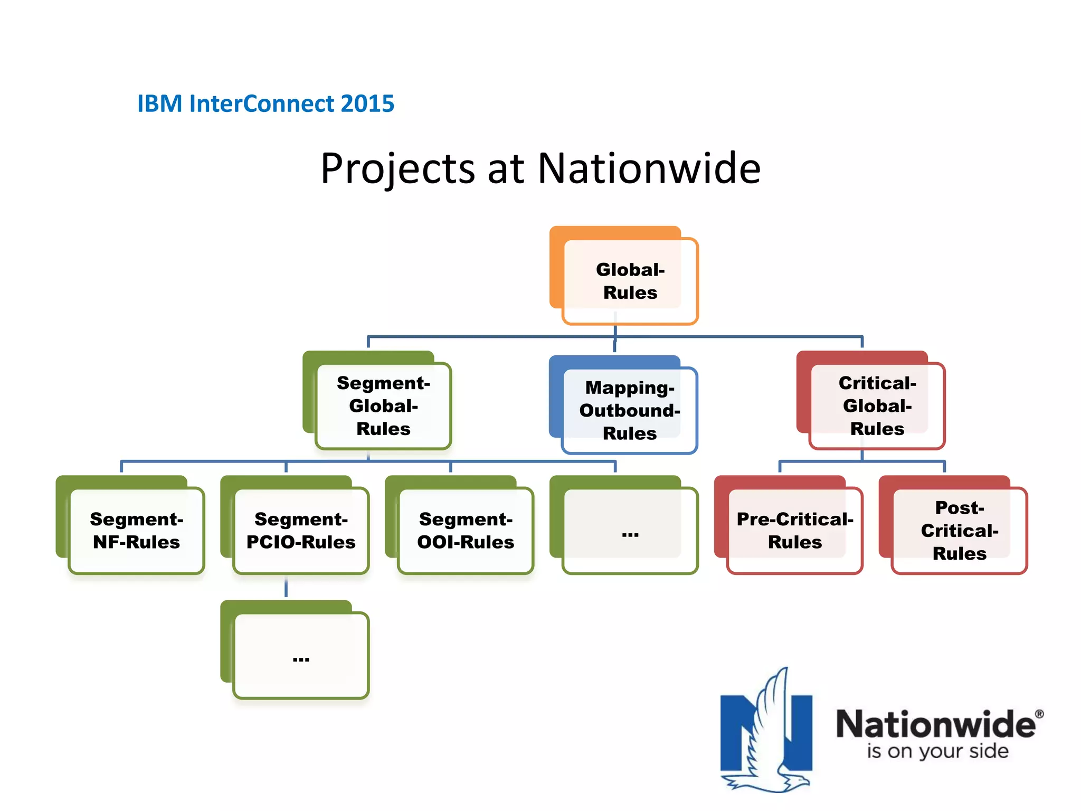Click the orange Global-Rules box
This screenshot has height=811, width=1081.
(x=630, y=280)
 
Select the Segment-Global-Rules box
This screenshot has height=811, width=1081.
(x=383, y=405)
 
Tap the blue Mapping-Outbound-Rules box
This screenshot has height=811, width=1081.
(x=630, y=410)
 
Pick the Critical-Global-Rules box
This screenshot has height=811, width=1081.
(x=877, y=405)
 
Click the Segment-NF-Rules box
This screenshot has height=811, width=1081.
(x=136, y=530)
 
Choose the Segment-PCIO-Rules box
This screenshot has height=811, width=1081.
(x=301, y=530)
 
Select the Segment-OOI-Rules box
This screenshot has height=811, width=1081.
(x=466, y=530)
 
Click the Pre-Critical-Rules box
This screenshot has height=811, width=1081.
(x=795, y=530)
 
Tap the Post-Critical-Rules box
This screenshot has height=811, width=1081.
(x=959, y=530)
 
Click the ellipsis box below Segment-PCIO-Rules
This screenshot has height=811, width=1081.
(x=301, y=655)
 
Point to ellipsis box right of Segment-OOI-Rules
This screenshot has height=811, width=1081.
(x=630, y=530)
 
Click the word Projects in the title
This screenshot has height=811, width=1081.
(x=397, y=169)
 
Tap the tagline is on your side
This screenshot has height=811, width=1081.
(x=937, y=751)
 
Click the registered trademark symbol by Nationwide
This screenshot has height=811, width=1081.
(x=1039, y=714)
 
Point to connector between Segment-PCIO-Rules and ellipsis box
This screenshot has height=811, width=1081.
(x=286, y=587)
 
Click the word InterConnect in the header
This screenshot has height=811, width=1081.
(x=262, y=103)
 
